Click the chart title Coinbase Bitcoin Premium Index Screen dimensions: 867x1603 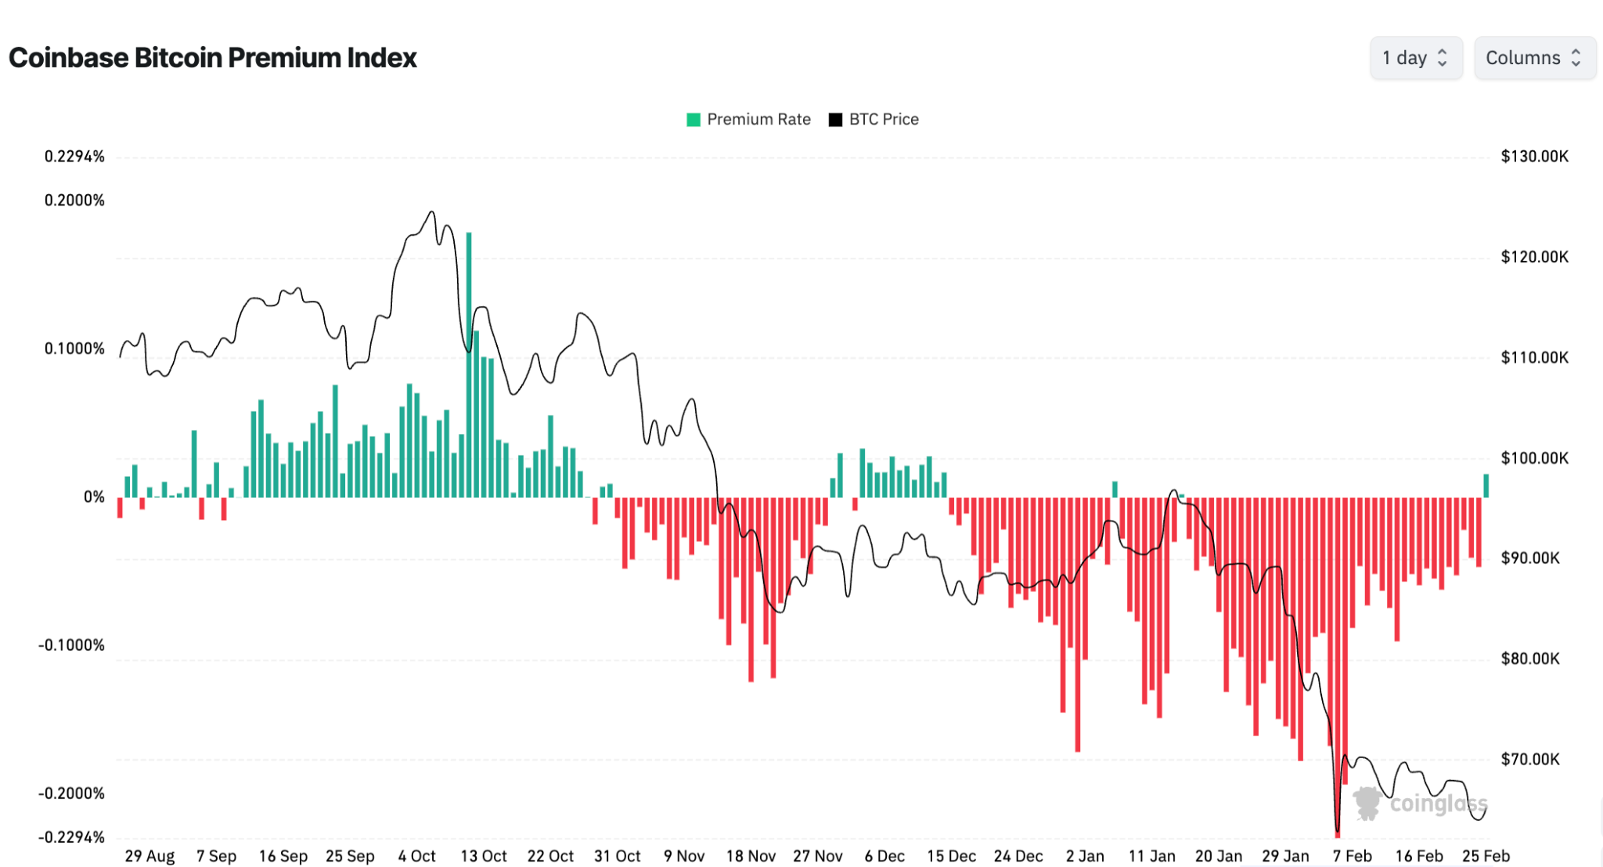click(212, 58)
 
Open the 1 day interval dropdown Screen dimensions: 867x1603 click(1415, 58)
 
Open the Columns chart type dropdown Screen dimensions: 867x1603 click(1534, 58)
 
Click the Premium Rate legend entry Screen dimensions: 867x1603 click(749, 119)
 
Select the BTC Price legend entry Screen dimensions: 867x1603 click(874, 119)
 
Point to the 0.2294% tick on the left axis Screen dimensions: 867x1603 click(74, 157)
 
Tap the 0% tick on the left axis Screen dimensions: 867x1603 click(94, 497)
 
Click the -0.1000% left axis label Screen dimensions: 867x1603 click(71, 645)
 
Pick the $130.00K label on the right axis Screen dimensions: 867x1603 click(1534, 157)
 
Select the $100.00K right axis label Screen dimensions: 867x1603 click(1534, 458)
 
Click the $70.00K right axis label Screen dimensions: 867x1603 click(1530, 759)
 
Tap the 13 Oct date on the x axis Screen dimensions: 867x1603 click(483, 856)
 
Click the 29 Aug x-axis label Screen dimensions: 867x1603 click(149, 856)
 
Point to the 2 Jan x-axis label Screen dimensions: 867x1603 click(1085, 856)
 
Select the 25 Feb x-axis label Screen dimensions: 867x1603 click(1486, 856)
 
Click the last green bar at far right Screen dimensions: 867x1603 click(1486, 486)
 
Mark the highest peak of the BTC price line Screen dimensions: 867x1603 click(431, 212)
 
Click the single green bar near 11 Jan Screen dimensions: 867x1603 click(1115, 489)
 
